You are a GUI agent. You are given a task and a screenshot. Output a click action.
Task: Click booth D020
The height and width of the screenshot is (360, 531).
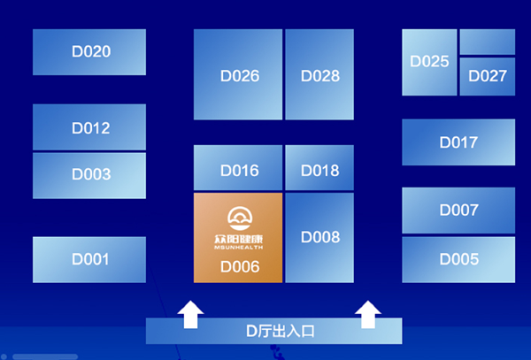point(89,52)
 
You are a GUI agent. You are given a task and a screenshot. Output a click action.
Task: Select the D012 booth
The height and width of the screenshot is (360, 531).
point(89,127)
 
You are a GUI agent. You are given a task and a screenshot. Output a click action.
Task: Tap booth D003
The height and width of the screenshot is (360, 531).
point(89,176)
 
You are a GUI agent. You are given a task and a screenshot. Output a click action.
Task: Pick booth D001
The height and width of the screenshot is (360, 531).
point(89,259)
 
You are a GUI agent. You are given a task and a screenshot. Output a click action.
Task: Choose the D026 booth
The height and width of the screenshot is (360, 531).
point(238,74)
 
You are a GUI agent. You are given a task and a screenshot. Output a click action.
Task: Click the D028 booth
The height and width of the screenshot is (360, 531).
point(319,74)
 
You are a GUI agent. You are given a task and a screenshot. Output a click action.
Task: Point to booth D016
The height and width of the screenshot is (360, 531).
point(238,168)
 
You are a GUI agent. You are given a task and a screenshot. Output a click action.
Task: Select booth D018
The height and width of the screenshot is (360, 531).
point(319,168)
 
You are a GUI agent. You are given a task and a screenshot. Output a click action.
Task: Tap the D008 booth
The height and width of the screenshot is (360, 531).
point(319,238)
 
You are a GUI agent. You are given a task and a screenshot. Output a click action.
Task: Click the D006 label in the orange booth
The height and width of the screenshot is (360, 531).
point(240,267)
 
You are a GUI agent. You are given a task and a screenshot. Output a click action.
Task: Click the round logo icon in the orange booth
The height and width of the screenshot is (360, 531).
point(240,218)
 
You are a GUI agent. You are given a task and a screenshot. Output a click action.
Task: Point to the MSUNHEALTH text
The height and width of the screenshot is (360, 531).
point(238,248)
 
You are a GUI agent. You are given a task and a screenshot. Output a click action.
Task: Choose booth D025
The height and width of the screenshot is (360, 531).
point(429,62)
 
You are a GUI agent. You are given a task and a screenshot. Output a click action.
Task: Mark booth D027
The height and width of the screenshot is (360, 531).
point(488,76)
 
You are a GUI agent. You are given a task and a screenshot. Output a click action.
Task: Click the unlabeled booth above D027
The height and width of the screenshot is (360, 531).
point(488,42)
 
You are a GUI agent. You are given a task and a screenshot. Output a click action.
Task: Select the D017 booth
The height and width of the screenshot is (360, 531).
point(458,142)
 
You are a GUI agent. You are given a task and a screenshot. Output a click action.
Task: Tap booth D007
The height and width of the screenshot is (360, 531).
point(458,211)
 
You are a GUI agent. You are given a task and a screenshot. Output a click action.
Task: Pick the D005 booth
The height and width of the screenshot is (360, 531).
point(458,259)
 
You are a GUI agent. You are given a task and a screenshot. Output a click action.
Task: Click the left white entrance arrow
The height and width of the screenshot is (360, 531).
point(190,315)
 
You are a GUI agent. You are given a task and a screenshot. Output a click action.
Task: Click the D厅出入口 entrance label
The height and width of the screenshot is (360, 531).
point(281,331)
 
